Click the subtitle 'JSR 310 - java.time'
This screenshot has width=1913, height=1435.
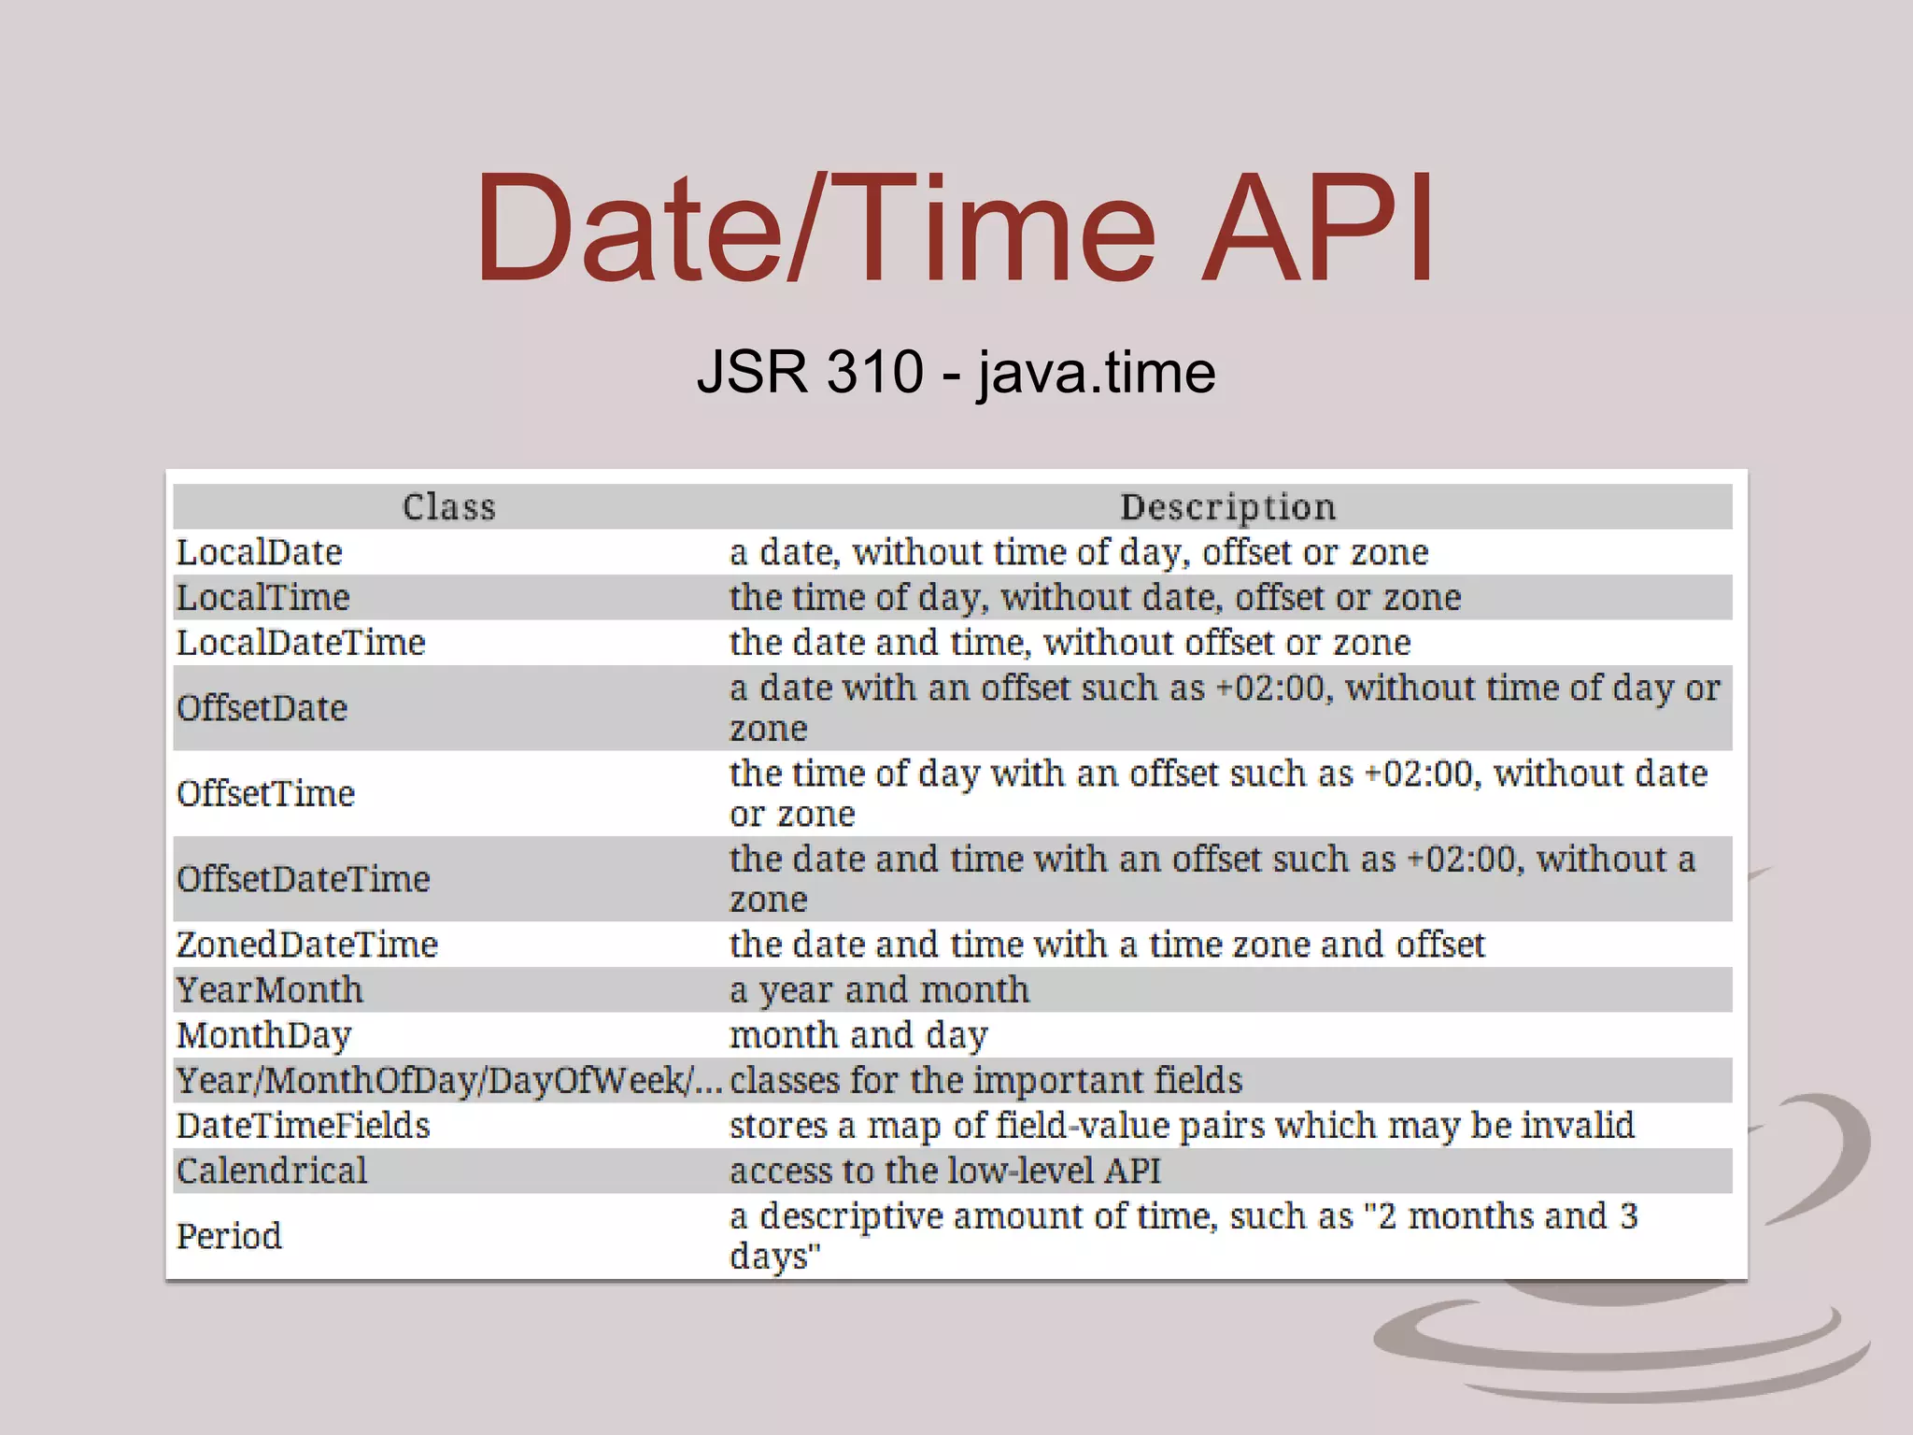coord(956,372)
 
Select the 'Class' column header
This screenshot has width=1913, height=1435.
coord(448,506)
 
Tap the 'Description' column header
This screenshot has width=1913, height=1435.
coord(1227,506)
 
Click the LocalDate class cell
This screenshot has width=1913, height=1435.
coord(260,552)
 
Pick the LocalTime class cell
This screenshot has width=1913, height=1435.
coord(263,597)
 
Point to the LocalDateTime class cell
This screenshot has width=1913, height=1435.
coord(301,643)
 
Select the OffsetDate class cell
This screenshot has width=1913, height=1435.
coord(262,708)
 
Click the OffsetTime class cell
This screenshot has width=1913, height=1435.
coord(265,793)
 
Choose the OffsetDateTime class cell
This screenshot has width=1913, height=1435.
coord(303,879)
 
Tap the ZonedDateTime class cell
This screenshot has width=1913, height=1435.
coord(306,945)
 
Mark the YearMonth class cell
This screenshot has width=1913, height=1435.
coord(269,989)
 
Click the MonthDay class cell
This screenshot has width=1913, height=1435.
coord(263,1035)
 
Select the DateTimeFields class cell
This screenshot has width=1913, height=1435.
coord(303,1126)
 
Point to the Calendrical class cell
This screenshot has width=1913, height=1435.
coord(272,1171)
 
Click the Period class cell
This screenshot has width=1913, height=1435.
coord(229,1236)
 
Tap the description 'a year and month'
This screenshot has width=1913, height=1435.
coord(879,989)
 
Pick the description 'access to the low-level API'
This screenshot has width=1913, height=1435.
coord(944,1171)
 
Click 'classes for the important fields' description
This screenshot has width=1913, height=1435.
coord(985,1080)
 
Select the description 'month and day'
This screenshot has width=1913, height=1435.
coord(858,1035)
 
